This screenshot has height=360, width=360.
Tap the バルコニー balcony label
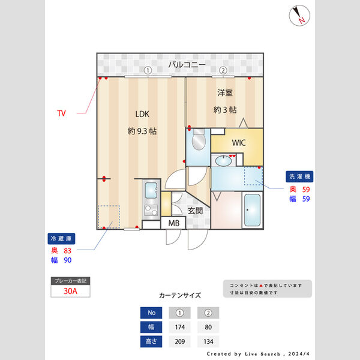click(187, 64)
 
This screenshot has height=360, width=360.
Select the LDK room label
click(142, 114)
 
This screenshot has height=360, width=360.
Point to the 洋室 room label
click(224, 93)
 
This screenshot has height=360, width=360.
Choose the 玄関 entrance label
click(195, 211)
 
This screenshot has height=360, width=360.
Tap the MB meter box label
click(173, 223)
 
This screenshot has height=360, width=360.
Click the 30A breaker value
click(71, 291)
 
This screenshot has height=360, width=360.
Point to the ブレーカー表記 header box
click(71, 280)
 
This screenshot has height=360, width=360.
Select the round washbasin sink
click(225, 160)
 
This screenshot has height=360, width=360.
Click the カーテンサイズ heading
click(180, 295)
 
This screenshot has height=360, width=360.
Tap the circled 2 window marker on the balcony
click(223, 70)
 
